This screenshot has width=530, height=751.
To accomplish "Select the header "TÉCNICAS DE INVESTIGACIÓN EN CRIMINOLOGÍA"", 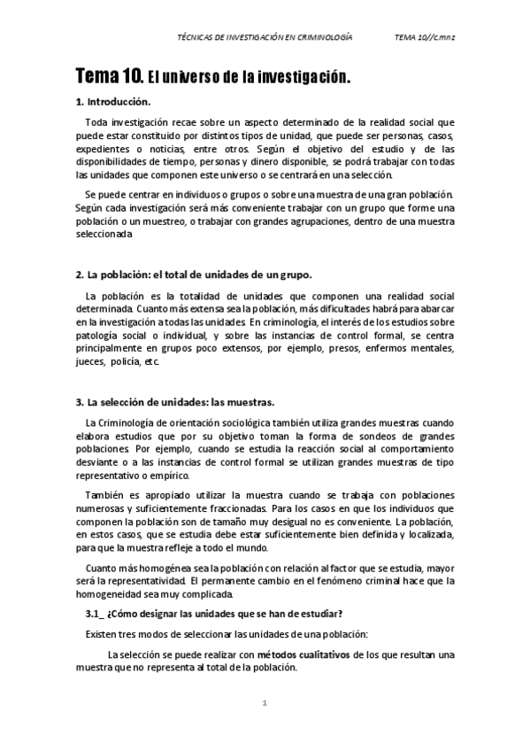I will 265,38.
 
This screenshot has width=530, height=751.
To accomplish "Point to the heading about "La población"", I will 193,274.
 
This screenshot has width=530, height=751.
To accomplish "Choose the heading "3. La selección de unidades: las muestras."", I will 174,401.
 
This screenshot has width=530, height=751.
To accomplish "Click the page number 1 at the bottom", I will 264,704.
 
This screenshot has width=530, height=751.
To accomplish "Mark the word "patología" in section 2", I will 99,336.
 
